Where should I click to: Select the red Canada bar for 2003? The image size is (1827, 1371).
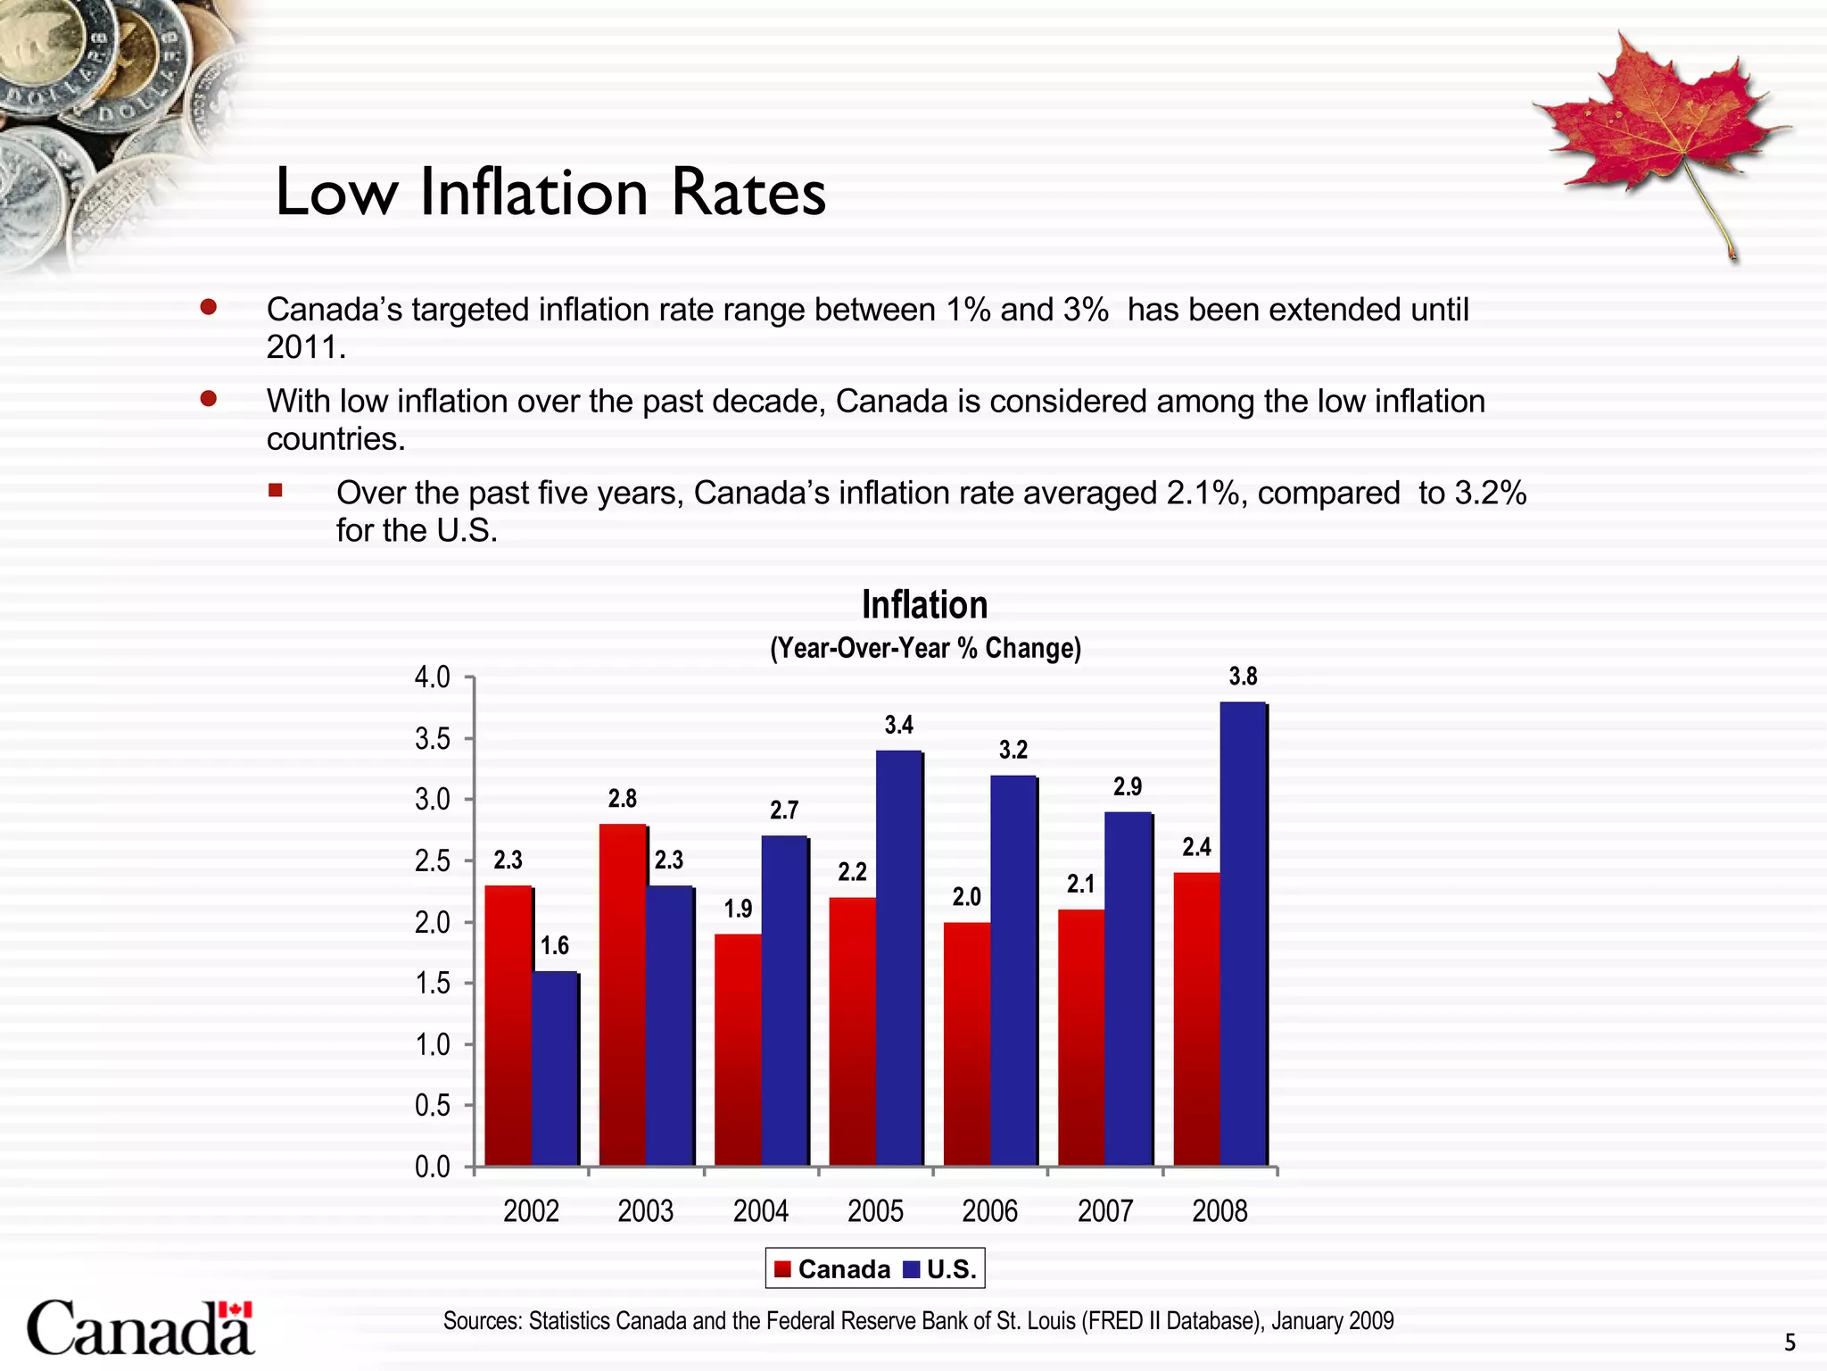(x=622, y=995)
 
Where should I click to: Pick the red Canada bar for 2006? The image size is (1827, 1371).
(x=966, y=1044)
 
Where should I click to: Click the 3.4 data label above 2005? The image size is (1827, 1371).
(x=898, y=725)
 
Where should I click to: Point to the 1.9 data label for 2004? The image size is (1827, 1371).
(x=738, y=909)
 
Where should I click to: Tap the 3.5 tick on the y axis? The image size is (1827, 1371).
(x=433, y=739)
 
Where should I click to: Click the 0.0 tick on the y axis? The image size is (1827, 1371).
(x=433, y=1167)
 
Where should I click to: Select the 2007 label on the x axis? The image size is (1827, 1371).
(x=1104, y=1211)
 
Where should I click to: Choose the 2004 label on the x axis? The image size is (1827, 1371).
(x=760, y=1211)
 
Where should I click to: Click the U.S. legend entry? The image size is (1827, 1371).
(x=941, y=1269)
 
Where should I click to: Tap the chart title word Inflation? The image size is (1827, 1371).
(x=924, y=605)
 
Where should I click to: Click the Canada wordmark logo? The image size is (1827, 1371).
(x=141, y=1328)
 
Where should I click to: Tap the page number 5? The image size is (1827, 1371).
(x=1790, y=1342)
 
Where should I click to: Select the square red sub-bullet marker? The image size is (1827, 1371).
(x=276, y=490)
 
